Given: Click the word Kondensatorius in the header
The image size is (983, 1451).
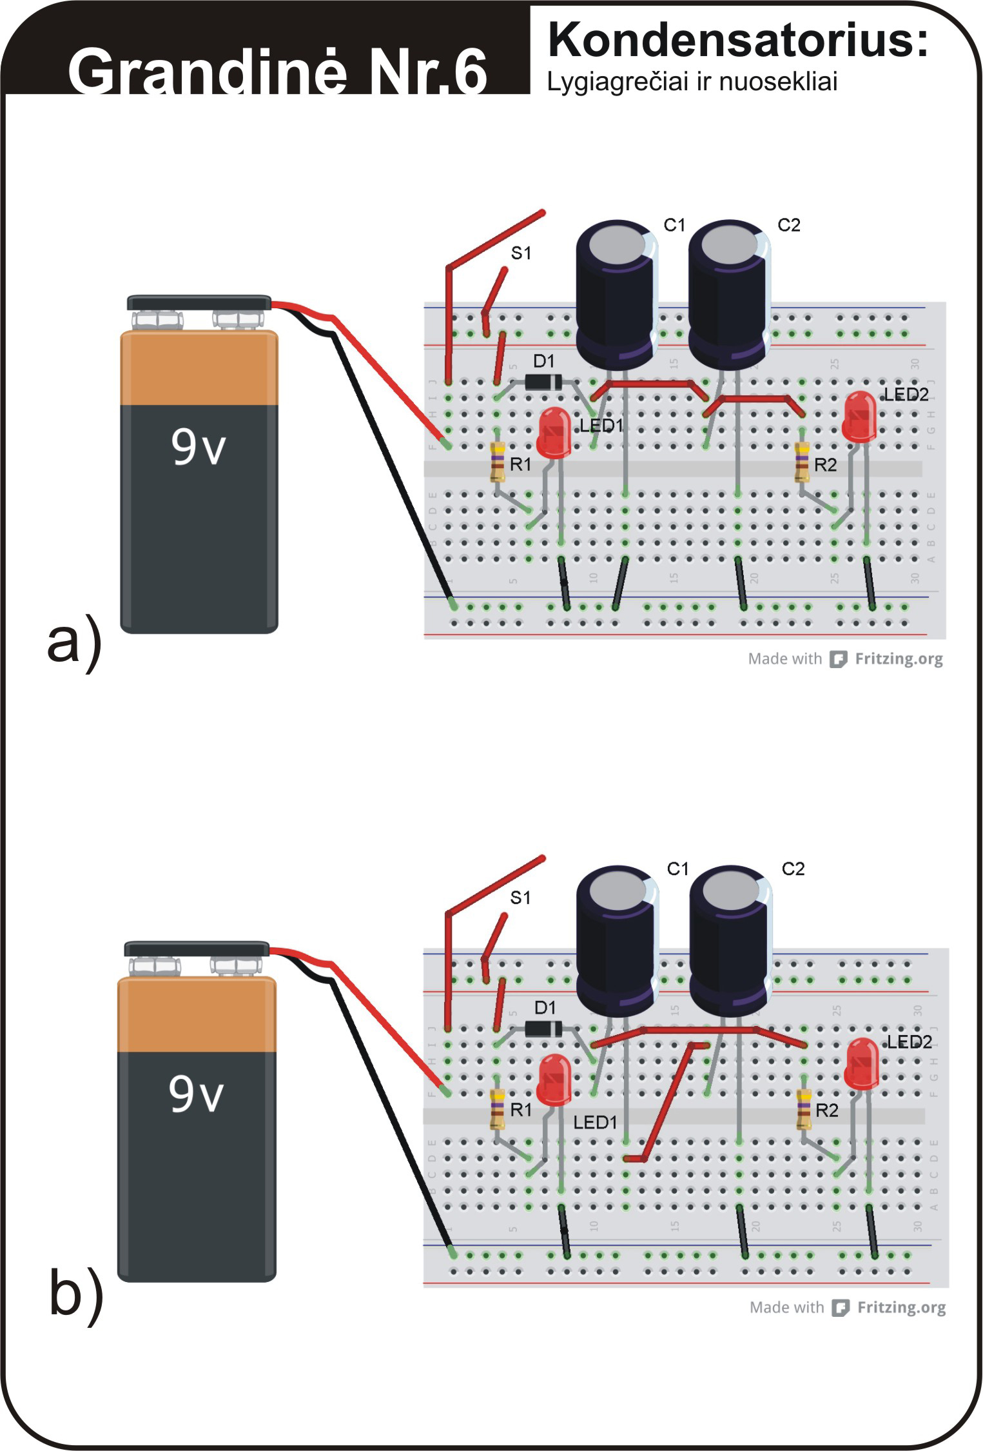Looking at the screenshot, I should pos(737,40).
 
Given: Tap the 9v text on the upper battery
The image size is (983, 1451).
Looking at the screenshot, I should pos(198,446).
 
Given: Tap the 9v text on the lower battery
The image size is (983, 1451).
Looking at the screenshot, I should pos(196,1094).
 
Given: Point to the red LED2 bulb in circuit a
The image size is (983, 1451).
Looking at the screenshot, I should pos(859,415).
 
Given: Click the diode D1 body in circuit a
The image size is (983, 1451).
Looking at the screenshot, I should pos(543,382).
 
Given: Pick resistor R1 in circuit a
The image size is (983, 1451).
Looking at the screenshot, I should pos(497,462).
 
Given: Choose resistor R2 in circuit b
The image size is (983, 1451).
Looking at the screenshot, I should pos(803,1109).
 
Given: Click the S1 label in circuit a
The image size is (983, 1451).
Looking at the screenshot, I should pos(521,253).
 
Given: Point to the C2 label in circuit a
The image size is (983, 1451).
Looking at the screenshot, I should pos(788,225).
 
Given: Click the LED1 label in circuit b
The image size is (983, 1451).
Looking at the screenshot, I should pos(595,1123).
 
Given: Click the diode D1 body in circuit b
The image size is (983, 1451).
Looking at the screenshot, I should pos(543,1029).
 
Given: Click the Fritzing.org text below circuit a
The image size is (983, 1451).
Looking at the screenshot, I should pos(898,659).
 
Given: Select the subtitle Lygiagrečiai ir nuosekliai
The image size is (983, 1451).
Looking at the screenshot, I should pos(692,82).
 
